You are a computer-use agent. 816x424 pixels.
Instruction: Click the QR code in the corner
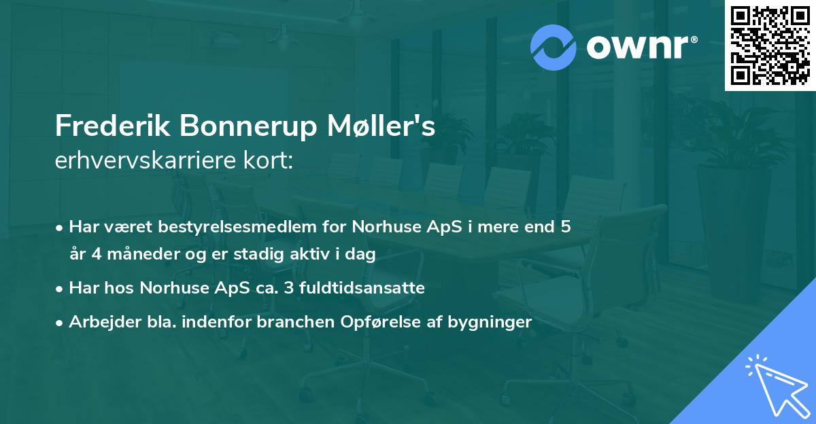(x=770, y=46)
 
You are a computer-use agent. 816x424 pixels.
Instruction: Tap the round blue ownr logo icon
(x=554, y=47)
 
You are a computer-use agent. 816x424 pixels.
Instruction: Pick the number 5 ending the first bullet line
(x=565, y=226)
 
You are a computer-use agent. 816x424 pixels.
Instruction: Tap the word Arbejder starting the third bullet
(x=100, y=322)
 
